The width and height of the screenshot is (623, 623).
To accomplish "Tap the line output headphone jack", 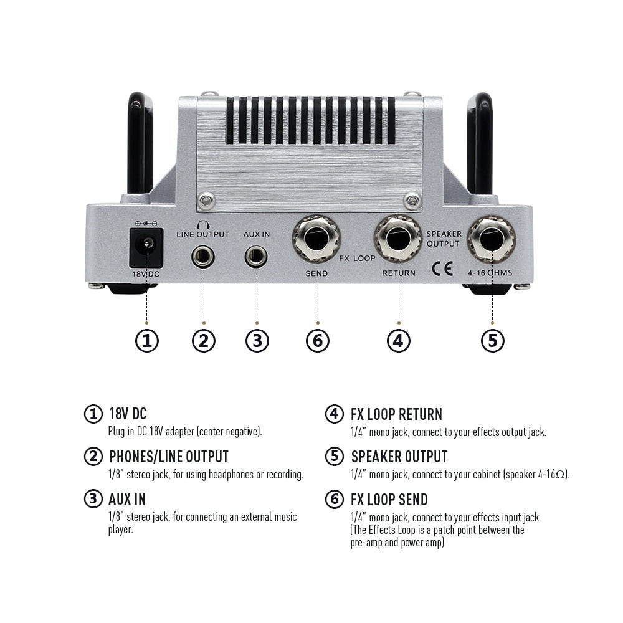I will pos(203,255).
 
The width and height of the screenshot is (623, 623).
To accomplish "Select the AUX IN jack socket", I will pos(256,255).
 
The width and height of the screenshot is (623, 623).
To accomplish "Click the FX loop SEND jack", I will pos(316,239).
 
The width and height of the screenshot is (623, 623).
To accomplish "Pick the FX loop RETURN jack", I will pos(398,239).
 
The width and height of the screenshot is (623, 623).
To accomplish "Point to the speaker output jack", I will pos(492,239).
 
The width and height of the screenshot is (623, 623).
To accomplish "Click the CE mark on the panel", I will pos(442,269).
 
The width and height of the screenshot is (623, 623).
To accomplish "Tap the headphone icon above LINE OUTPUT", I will pos(203,225).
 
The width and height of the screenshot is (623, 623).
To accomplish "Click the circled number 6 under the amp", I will pos(317,340).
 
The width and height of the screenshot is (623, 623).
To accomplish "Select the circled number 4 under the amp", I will pos(399,340).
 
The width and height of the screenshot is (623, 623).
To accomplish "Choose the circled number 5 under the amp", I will pos(492,340).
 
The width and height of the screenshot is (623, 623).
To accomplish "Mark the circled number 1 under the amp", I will pos(147,340).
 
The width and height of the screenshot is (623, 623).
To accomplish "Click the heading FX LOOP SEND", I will pos(389,499).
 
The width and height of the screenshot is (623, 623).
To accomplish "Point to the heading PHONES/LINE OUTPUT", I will pos(168,457).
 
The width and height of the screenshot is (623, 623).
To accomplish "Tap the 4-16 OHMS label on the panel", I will pos(490,273).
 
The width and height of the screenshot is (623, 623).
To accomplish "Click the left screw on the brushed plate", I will pos(205,201).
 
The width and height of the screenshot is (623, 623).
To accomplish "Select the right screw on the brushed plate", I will pos(412,201).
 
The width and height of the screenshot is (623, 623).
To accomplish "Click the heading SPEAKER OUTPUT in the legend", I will pos(399,457).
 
